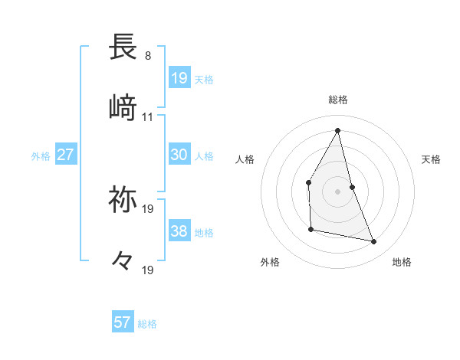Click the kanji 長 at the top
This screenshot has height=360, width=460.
[123, 47]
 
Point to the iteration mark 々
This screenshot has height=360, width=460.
[123, 262]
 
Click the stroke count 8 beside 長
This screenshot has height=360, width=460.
[147, 56]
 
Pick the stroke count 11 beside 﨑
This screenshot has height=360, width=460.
[148, 117]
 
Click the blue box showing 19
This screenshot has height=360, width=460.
[179, 77]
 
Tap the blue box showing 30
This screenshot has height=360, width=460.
[179, 155]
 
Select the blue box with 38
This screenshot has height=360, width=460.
[179, 231]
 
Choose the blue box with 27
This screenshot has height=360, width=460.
[66, 155]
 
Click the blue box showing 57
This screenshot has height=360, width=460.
[123, 322]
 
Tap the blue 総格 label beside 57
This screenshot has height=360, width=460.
[147, 324]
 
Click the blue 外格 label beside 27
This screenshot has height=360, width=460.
[41, 156]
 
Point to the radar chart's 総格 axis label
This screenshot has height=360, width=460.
[338, 100]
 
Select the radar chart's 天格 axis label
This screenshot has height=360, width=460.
[432, 159]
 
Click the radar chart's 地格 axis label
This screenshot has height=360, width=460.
[402, 263]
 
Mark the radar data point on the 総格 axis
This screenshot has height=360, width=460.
[338, 129]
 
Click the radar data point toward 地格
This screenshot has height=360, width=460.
[374, 242]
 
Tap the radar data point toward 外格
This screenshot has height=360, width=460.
[311, 229]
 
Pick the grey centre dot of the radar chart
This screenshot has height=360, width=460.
[338, 191]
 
